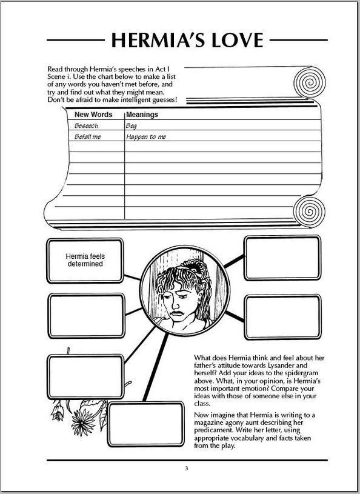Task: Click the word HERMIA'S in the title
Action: point(156,40)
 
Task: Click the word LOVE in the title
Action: point(236,40)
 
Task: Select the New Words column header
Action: point(93,115)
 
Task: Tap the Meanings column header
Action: point(142,115)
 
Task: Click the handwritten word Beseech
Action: point(86,126)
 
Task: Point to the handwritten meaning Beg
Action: point(132,126)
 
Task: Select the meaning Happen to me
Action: point(146,138)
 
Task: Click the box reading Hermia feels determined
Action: point(85,261)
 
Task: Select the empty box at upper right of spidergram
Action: point(282,258)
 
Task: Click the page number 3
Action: point(187,469)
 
